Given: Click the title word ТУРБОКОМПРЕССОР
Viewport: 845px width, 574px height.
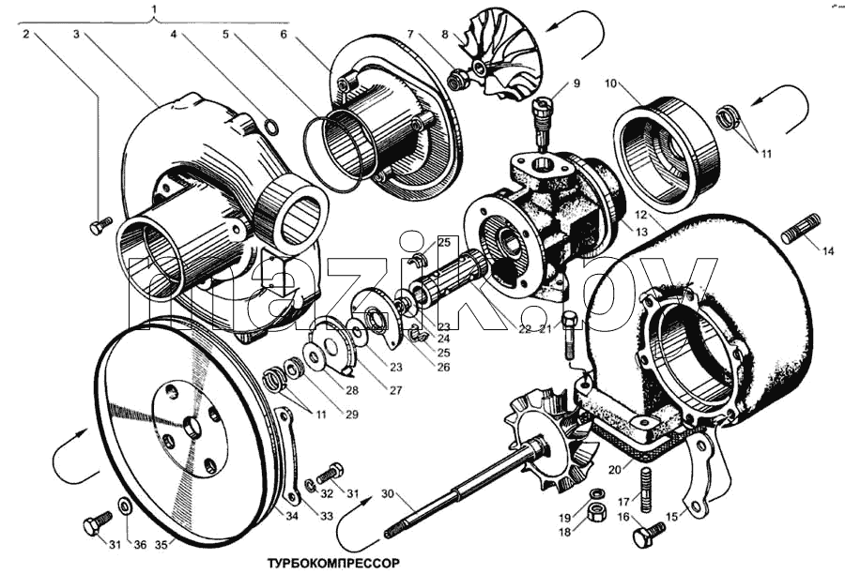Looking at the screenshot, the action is [333, 564].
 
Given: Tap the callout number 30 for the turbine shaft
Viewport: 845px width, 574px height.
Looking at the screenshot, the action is [388, 493].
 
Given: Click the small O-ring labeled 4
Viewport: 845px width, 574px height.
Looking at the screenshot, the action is [272, 128].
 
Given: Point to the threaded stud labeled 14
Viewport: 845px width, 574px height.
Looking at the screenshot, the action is [800, 228].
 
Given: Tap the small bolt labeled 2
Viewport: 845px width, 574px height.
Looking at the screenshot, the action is [100, 226].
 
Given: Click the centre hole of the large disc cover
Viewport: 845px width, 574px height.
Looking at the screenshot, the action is [192, 428].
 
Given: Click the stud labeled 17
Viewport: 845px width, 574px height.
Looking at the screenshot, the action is [646, 490].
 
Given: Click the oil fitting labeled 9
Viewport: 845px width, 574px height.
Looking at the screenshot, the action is [542, 121].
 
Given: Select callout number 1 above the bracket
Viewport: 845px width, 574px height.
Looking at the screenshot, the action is [155, 8].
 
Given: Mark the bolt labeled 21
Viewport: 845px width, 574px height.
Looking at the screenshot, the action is [570, 335].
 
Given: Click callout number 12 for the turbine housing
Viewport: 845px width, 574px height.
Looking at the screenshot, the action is [640, 215].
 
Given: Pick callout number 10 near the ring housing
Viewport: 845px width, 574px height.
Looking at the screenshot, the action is [610, 83].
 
